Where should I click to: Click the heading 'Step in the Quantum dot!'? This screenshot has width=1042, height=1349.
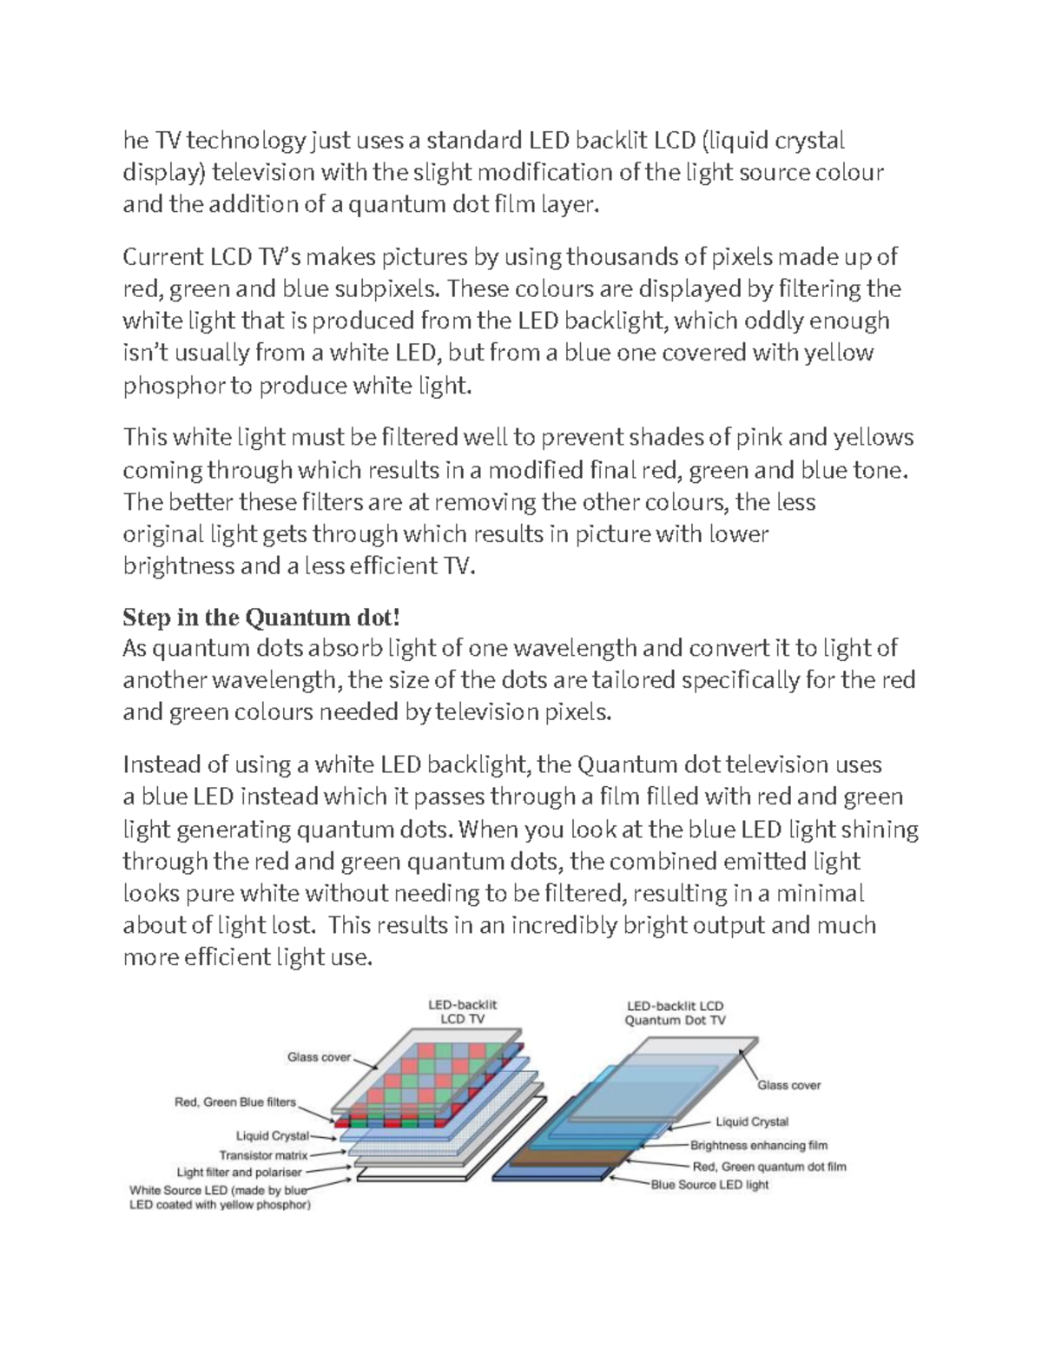(x=261, y=618)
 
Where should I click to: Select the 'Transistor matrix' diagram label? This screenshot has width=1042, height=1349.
(x=263, y=1155)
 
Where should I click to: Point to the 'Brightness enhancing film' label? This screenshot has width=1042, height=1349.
(x=758, y=1145)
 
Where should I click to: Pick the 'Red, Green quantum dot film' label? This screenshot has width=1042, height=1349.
(x=768, y=1167)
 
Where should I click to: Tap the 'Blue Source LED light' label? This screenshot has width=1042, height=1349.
(x=709, y=1185)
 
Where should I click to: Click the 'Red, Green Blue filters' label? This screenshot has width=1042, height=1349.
(x=234, y=1102)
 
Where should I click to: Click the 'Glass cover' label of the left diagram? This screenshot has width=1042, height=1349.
(x=319, y=1057)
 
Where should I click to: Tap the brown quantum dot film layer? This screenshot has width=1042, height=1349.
(x=564, y=1156)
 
